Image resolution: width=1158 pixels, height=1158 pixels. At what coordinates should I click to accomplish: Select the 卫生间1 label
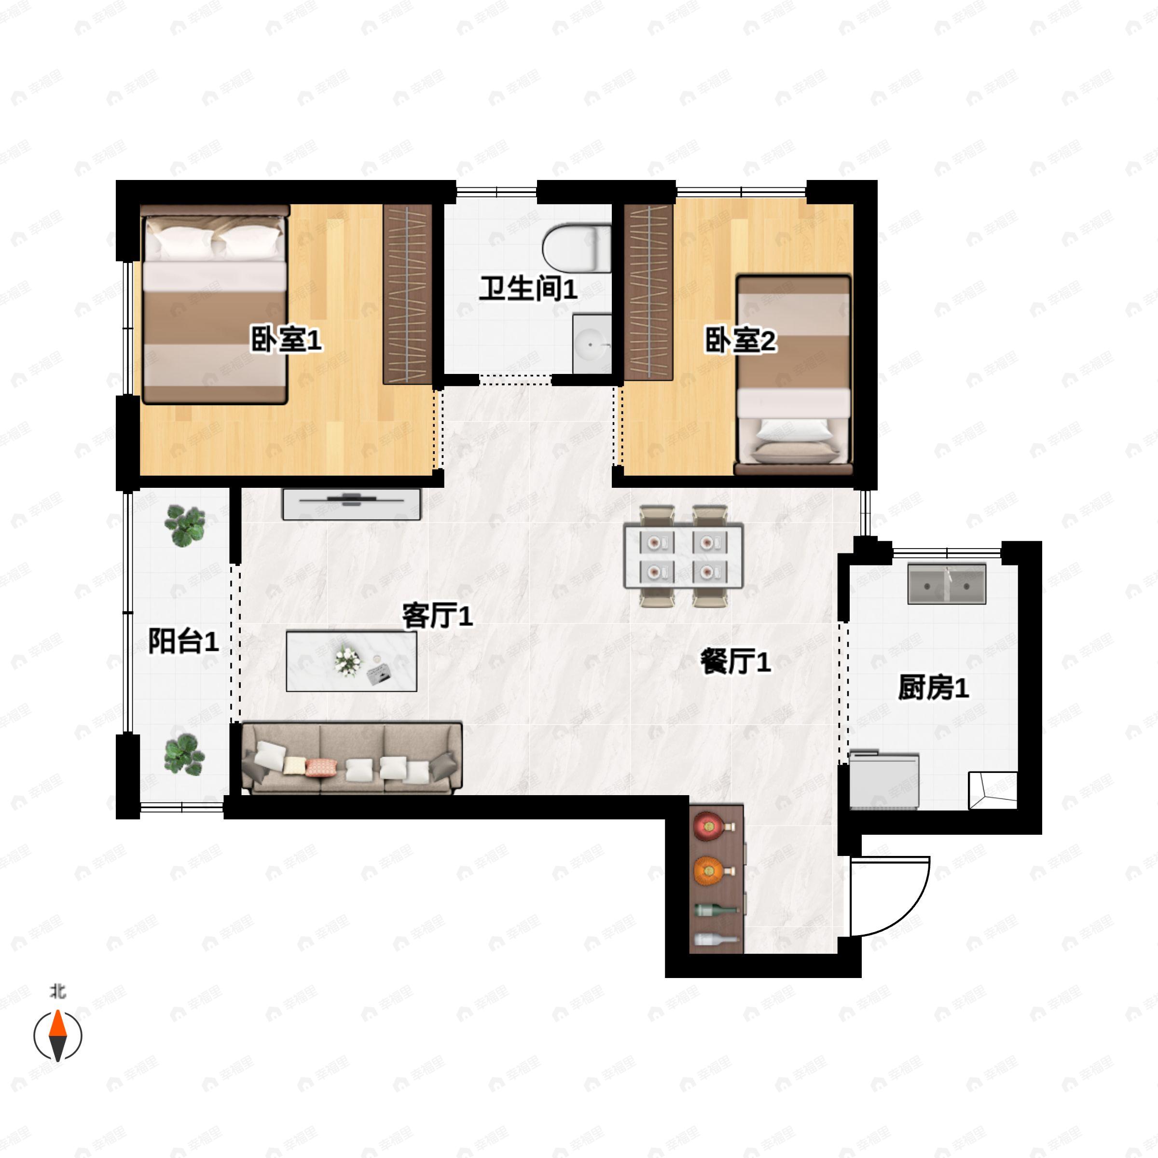527,289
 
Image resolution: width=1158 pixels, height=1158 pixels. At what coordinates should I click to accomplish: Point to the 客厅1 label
437,616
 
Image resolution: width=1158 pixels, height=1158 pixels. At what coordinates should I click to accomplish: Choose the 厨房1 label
933,688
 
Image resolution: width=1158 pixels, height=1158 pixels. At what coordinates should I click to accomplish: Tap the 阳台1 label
183,642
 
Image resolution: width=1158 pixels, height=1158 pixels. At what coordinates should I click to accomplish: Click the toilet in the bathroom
577,247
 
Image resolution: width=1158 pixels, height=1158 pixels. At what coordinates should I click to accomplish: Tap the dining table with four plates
683,556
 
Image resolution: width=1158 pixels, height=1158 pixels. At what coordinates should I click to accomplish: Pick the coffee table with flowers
351,661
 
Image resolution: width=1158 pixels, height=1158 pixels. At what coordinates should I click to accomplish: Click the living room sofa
351,759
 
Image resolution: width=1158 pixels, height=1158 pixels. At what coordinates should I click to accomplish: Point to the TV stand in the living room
351,503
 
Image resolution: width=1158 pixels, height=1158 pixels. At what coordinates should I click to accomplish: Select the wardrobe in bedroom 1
408,294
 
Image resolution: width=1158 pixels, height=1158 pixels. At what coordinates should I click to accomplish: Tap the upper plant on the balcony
185,525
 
